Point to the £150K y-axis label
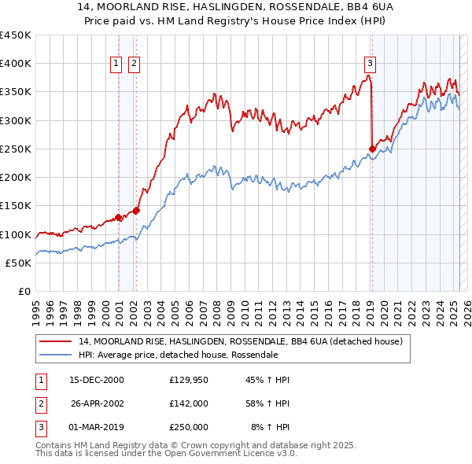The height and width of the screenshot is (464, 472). coord(16,206)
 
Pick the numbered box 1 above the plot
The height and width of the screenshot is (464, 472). coord(116,64)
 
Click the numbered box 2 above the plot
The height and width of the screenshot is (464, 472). coord(135,64)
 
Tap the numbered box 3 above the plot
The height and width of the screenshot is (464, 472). coord(370,64)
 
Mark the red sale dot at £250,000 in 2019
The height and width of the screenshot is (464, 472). coord(372,148)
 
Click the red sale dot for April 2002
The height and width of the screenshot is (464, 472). coord(136,210)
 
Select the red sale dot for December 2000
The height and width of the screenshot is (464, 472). coord(118,217)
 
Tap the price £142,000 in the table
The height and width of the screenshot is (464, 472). coord(189,403)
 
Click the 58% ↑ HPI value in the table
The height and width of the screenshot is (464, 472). coord(267,403)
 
